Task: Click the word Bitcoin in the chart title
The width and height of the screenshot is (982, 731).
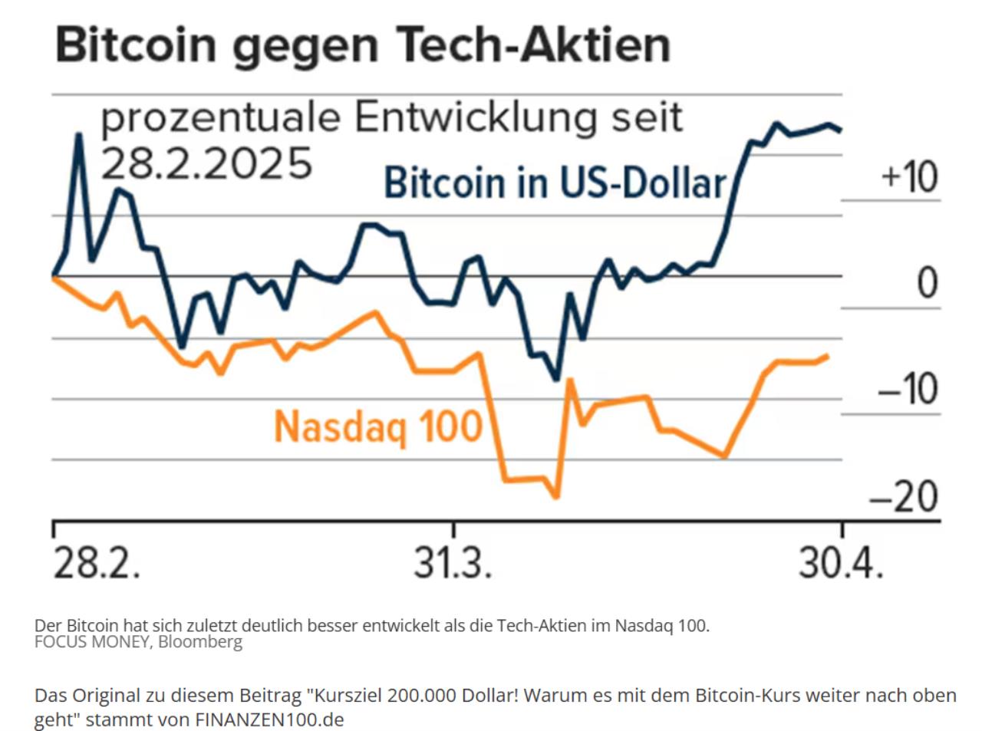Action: [136, 44]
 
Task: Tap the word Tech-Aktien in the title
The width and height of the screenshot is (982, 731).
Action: [534, 44]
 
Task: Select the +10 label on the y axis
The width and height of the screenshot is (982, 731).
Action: [910, 176]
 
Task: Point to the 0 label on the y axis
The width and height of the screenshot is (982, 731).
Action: [928, 283]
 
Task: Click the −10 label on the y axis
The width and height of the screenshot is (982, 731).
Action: [908, 390]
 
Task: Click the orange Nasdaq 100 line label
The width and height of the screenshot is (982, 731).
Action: [378, 426]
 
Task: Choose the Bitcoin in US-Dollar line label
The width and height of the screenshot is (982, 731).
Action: [555, 183]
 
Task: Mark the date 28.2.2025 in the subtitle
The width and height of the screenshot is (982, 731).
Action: [207, 163]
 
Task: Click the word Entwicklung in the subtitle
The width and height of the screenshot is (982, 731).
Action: [475, 118]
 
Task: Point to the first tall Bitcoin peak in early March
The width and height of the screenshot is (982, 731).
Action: [78, 135]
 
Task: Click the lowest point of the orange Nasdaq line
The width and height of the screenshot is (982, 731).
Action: [556, 496]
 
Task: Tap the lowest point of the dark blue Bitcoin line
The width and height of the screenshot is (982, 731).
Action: [556, 379]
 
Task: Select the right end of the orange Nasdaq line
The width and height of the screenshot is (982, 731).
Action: [827, 356]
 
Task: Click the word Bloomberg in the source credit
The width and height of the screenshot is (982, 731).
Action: [200, 642]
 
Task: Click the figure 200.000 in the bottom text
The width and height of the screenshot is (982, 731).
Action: [422, 696]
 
